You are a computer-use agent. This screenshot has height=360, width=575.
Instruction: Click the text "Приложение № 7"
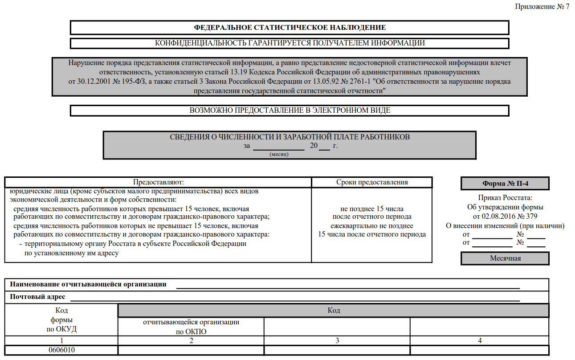(542, 7)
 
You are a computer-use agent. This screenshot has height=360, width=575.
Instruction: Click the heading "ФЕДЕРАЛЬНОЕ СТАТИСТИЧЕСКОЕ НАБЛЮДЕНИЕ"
(290, 28)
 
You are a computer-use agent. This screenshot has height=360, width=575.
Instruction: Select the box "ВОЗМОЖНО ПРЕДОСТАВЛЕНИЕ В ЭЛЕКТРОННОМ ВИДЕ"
(290, 110)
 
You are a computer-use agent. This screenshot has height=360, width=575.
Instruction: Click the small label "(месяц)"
(279, 154)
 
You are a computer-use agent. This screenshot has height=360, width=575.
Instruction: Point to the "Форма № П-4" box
(505, 184)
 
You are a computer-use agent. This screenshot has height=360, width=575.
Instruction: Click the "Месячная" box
(505, 258)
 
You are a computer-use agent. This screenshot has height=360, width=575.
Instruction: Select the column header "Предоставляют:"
(158, 182)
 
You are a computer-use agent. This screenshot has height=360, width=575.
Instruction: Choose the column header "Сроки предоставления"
(372, 182)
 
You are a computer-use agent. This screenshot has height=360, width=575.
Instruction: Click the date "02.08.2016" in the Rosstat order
(502, 216)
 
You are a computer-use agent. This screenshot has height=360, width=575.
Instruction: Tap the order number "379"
(532, 216)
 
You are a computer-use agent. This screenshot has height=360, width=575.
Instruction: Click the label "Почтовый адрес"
(37, 297)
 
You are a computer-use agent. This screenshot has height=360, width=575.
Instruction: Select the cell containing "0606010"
(61, 350)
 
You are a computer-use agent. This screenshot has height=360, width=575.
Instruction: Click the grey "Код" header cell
(333, 311)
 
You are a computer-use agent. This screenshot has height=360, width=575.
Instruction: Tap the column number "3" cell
(337, 341)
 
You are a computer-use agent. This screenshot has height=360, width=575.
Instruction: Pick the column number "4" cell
(479, 341)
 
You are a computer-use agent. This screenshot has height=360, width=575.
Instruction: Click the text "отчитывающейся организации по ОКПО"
(191, 327)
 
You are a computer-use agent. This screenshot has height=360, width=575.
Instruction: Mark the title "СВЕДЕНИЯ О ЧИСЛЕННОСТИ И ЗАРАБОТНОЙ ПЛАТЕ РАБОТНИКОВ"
(290, 137)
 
